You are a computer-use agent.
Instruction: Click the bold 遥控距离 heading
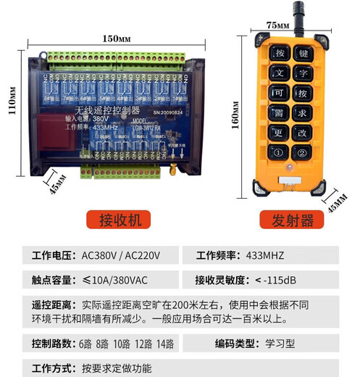click(x=51, y=305)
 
